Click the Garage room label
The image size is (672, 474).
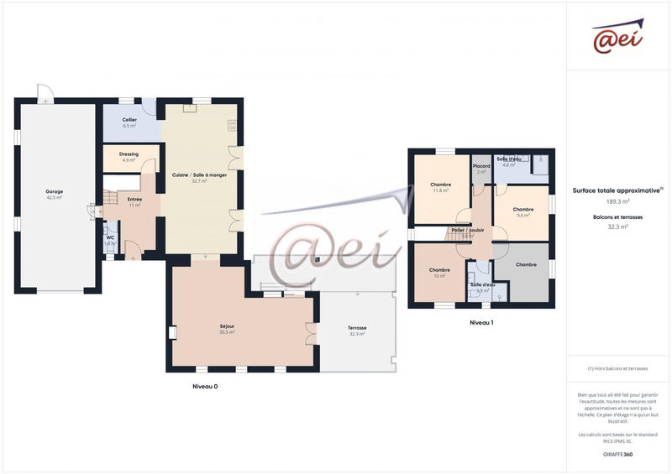click(x=55, y=192)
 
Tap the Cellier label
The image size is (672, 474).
click(x=129, y=120)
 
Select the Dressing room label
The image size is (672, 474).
click(x=129, y=154)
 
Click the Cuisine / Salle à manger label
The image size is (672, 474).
click(x=200, y=175)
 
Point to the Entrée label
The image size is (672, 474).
click(x=134, y=200)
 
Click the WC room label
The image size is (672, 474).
click(x=110, y=237)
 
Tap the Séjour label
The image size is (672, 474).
click(x=227, y=326)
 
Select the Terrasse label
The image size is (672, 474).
click(x=358, y=328)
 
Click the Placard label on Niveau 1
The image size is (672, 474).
click(x=481, y=166)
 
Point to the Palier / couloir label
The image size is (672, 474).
click(x=468, y=230)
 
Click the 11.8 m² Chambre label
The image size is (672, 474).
click(x=441, y=185)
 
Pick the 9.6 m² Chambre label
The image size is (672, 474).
click(x=523, y=210)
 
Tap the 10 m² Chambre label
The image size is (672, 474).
click(x=439, y=270)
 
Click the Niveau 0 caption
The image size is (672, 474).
click(x=205, y=387)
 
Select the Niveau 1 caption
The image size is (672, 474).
click(x=480, y=322)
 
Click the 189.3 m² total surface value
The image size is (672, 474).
click(x=618, y=201)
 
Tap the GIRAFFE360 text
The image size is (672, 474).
click(x=617, y=454)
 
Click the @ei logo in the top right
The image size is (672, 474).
click(x=617, y=37)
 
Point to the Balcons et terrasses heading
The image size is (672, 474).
click(x=617, y=216)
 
